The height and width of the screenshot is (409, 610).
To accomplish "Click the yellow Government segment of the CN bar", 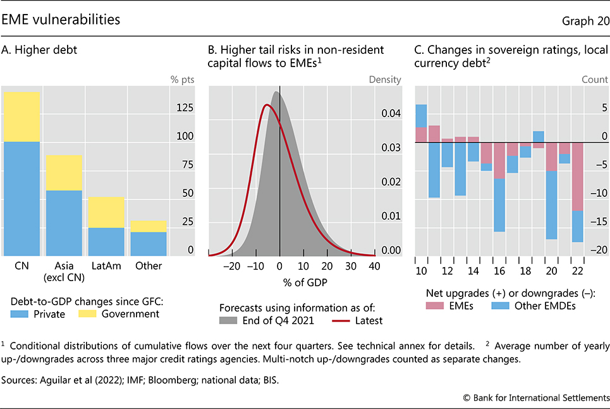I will [x=21, y=117].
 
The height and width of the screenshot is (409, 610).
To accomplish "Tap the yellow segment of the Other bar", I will [x=149, y=226].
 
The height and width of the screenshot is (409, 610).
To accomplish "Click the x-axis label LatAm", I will [x=106, y=266].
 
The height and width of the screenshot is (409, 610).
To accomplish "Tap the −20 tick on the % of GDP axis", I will [x=232, y=266].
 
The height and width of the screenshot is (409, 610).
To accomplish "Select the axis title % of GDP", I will [x=279, y=282].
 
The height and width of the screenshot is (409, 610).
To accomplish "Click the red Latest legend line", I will [x=342, y=320].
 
